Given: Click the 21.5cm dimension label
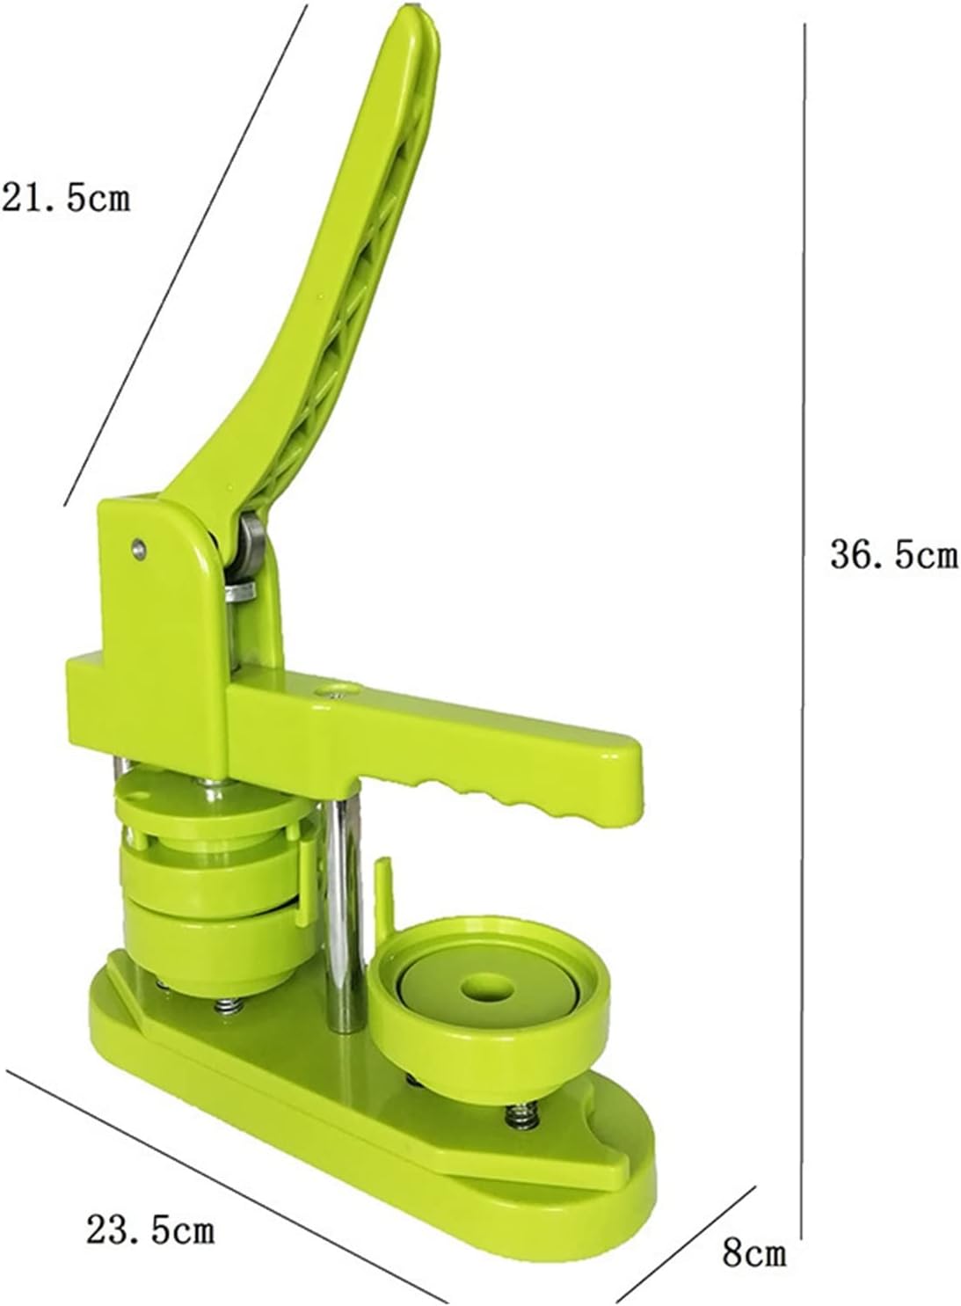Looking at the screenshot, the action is [65, 199].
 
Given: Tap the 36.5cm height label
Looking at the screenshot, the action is [894, 553].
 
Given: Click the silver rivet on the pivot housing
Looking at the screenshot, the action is [138, 548].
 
